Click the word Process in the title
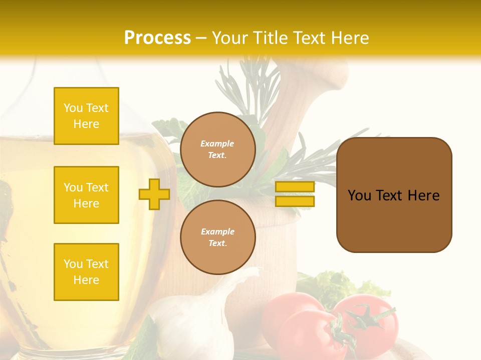pos(157,38)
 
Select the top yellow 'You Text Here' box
pos(86,116)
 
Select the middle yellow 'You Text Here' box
pos(86,195)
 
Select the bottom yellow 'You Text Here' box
pos(86,272)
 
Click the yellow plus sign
pos(154,194)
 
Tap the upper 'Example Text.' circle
pos(217,149)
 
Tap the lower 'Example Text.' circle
pos(217,237)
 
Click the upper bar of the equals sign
pos(295,187)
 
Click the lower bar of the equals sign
pos(295,201)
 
